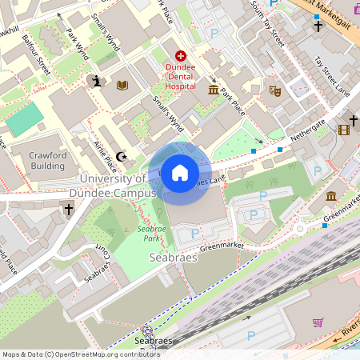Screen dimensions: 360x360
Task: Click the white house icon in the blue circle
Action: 180,173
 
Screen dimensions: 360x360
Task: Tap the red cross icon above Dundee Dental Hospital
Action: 181,56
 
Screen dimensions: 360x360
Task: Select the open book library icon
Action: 122,84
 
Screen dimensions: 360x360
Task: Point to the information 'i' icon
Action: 97,81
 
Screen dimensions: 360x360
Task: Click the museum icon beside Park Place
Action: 214,90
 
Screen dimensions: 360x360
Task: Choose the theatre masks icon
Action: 274,91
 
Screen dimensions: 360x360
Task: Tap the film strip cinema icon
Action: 344,130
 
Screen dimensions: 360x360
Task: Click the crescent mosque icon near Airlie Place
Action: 122,156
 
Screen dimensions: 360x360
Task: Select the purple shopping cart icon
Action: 318,322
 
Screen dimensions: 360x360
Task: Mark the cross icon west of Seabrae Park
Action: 69,210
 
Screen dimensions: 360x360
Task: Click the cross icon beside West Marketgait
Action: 318,26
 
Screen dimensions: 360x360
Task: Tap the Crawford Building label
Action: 47,160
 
